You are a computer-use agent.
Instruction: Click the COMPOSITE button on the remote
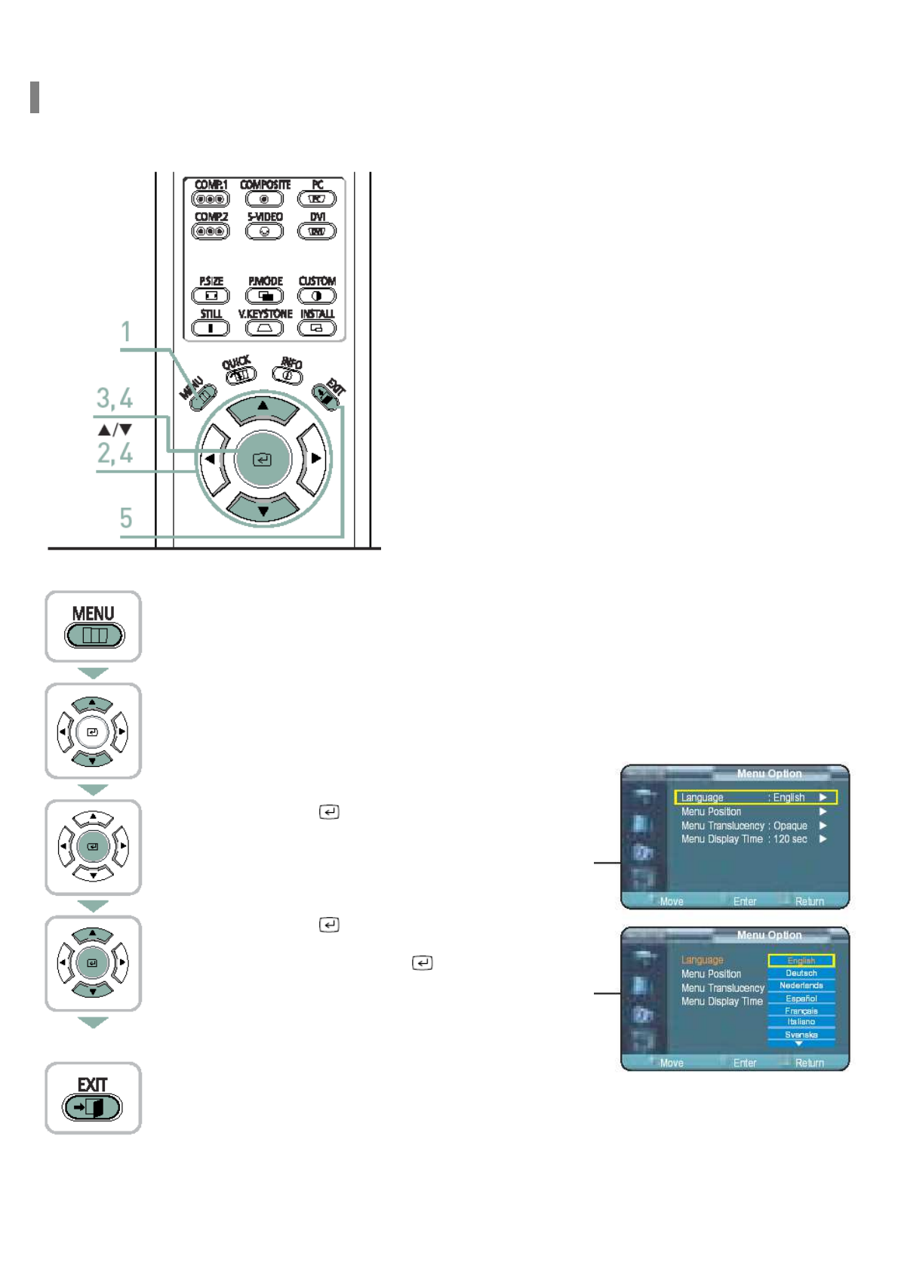tap(264, 199)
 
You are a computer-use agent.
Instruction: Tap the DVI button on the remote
tap(317, 232)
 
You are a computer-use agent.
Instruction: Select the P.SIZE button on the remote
tap(211, 296)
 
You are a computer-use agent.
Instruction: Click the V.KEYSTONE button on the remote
tap(264, 328)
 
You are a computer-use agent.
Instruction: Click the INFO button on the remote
tap(288, 374)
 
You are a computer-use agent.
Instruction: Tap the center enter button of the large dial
tap(262, 459)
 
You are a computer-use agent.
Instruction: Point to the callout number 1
tap(126, 332)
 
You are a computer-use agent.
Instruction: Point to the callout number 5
tap(126, 518)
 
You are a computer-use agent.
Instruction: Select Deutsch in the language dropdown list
tap(801, 974)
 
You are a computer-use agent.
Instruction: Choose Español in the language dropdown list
tap(801, 999)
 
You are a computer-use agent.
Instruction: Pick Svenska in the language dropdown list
tap(801, 1035)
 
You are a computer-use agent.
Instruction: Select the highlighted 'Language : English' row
tap(755, 798)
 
